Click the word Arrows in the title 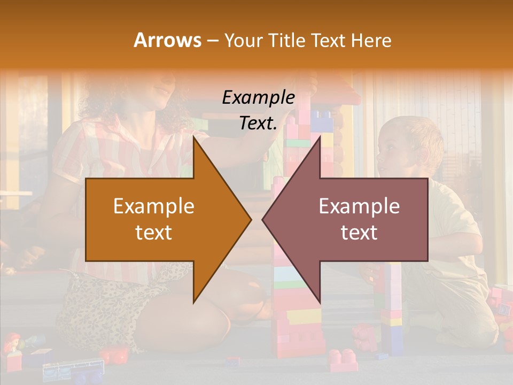click(x=168, y=40)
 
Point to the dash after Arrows click(x=212, y=41)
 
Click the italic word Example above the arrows click(x=258, y=97)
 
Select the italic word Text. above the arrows click(x=258, y=123)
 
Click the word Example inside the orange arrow click(x=154, y=206)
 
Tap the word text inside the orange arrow click(x=154, y=233)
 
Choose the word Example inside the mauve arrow click(x=359, y=206)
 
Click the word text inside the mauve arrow click(x=359, y=233)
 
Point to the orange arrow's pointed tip click(x=251, y=219)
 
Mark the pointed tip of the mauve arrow click(x=263, y=219)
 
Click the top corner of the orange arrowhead click(x=194, y=137)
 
